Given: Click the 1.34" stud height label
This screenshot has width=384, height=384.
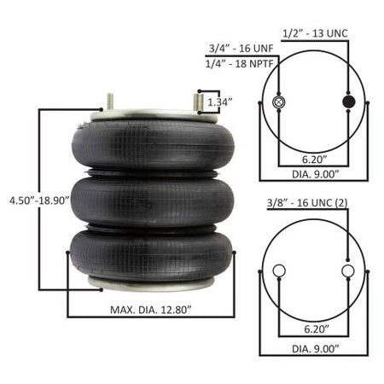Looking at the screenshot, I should click(219, 102).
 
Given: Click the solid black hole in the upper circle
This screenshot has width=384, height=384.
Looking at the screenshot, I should click(347, 103).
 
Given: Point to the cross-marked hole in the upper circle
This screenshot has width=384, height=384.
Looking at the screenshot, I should click(276, 103).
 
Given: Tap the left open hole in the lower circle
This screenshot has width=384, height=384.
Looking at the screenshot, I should click(276, 271).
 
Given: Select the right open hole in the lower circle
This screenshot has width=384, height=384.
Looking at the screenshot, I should click(347, 271).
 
